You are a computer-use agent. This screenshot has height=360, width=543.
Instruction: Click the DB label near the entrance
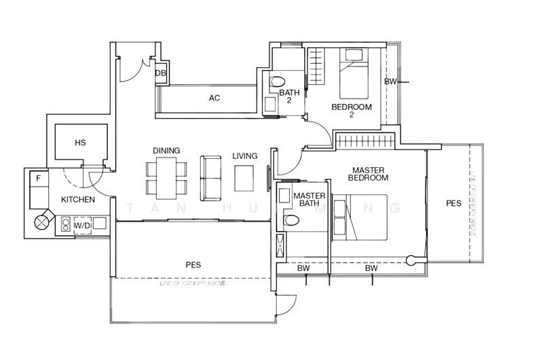161,73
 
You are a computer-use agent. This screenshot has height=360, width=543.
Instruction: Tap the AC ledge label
214,98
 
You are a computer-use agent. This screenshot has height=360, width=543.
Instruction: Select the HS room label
80,143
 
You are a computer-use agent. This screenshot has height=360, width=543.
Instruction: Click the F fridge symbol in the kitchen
39,179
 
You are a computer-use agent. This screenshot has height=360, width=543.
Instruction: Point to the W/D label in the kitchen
82,225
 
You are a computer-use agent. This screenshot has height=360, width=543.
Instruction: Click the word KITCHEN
78,200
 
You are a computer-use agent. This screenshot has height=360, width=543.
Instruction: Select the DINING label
166,151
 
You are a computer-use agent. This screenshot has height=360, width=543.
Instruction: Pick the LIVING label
244,156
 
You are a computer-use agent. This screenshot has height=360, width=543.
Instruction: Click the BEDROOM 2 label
352,111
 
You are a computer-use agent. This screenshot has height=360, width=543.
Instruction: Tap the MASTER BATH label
309,200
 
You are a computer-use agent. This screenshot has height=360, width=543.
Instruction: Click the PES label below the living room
193,264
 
